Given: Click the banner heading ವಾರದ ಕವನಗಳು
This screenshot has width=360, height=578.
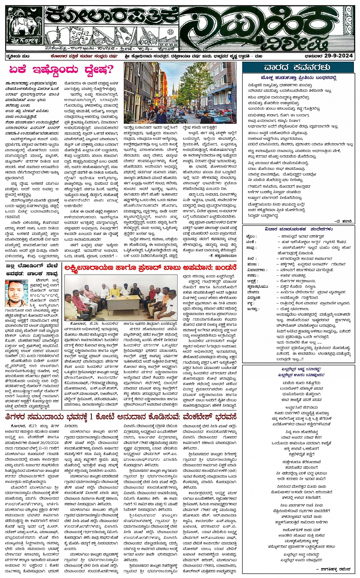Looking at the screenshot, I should tap(297, 67).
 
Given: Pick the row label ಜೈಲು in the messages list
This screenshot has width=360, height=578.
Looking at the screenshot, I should tap(251, 236).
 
